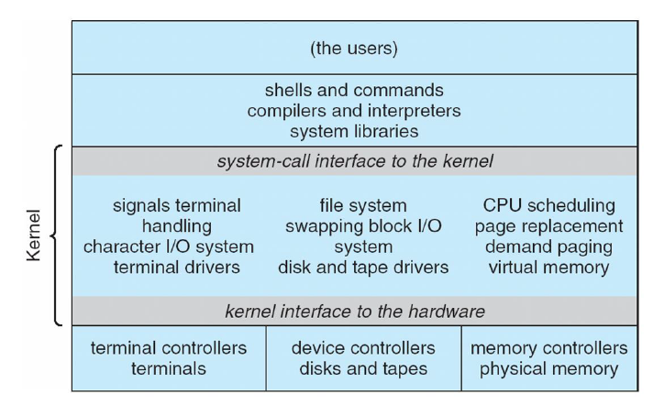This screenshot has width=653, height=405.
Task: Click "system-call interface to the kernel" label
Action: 356,161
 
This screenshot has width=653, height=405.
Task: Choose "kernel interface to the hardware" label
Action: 356,310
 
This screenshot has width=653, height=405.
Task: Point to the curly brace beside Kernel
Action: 58,235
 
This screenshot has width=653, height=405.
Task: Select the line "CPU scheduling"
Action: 549,204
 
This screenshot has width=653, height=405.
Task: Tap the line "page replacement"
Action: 549,224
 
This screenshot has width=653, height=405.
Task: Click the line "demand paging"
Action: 549,246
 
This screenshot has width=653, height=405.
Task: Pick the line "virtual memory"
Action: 549,267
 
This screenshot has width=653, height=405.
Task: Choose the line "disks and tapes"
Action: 364,368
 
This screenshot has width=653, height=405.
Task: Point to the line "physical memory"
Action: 548,368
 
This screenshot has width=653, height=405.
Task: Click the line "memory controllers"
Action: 548,348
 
